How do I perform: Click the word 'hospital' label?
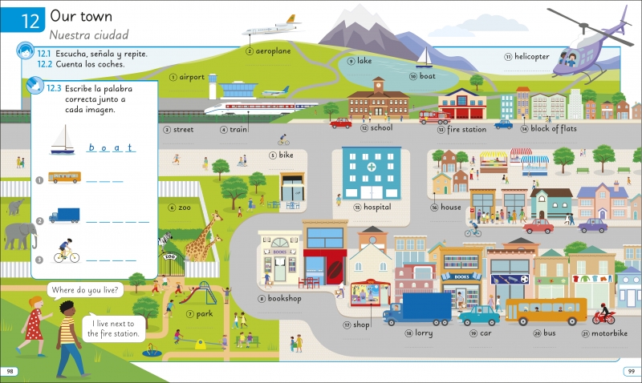(377, 207)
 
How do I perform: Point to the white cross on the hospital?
(372, 167)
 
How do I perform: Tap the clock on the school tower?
(378, 87)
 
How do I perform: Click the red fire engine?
(434, 117)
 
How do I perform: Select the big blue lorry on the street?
(417, 308)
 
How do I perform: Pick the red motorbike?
(603, 316)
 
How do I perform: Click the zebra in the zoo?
(165, 239)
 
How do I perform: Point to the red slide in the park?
(189, 295)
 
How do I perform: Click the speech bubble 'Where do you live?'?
(85, 290)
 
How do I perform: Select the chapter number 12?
(30, 22)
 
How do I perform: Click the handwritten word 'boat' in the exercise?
(111, 147)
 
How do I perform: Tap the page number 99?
(632, 371)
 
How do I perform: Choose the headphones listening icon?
(26, 51)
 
